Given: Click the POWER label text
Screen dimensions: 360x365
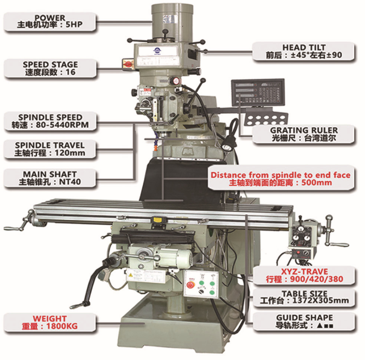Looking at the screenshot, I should [x=50, y=17].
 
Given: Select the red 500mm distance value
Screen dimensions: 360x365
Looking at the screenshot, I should [x=317, y=182].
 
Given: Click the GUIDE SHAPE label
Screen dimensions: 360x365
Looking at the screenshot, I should [x=304, y=318].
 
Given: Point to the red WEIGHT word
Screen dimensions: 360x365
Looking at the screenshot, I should [x=50, y=318].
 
